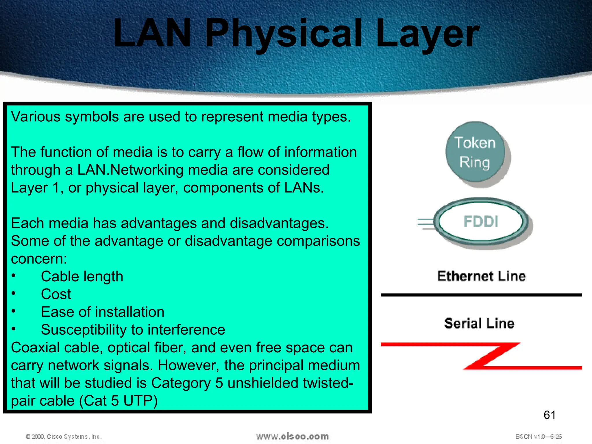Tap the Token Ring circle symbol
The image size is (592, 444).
click(475, 152)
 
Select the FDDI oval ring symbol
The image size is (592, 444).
click(481, 222)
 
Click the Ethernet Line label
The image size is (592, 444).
click(481, 276)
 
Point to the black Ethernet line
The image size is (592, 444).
click(481, 295)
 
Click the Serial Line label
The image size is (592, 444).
click(479, 323)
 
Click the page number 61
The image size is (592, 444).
click(550, 415)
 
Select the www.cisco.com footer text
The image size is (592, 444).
click(292, 436)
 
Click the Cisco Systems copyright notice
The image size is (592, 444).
click(64, 436)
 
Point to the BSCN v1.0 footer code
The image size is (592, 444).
click(538, 436)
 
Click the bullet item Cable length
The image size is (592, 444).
click(82, 276)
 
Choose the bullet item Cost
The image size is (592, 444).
click(56, 294)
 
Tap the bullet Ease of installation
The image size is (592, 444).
click(103, 312)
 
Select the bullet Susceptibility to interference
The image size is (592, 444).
click(133, 330)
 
